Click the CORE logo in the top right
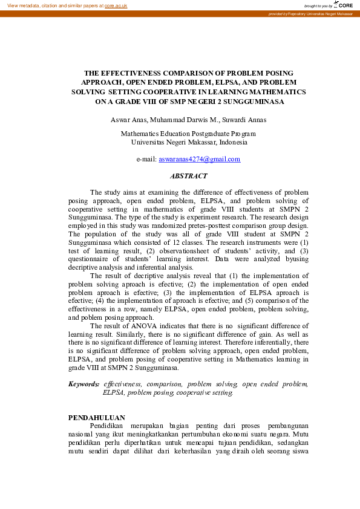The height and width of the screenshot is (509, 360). (x=344, y=5)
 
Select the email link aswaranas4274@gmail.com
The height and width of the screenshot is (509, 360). (x=200, y=160)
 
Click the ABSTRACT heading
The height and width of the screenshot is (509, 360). (x=189, y=177)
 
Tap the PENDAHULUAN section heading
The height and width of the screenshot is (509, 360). (x=97, y=417)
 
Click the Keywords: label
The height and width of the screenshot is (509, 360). (x=83, y=384)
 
